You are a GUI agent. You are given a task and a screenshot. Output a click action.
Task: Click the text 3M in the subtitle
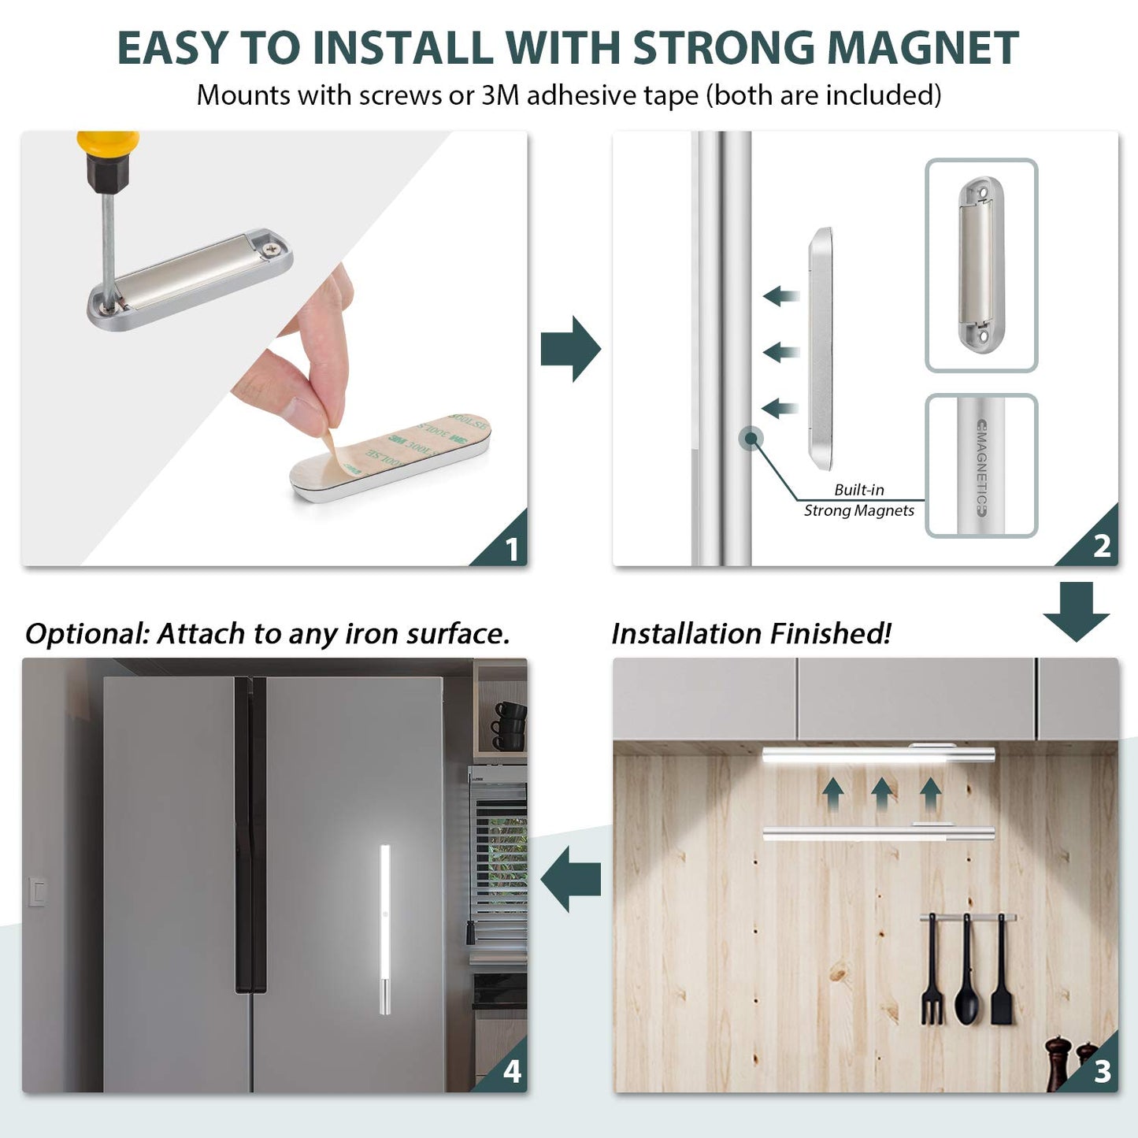coord(500,95)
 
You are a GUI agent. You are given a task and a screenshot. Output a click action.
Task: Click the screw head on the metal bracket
coord(272,247)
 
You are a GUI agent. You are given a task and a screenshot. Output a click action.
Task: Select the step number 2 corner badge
coord(1100,546)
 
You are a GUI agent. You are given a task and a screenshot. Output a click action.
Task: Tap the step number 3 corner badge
coord(1101,1071)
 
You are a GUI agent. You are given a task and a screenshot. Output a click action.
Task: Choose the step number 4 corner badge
coord(511,1071)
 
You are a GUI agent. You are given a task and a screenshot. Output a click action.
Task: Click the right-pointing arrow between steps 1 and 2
coord(571,349)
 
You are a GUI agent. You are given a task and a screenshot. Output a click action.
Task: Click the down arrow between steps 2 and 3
coord(1076,610)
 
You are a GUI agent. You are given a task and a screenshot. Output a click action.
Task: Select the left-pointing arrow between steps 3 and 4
coord(572,877)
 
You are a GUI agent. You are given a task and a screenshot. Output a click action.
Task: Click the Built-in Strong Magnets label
coord(858,500)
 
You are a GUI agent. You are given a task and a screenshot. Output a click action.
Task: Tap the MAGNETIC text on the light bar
coord(980,468)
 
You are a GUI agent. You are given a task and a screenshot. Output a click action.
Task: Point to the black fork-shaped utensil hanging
coord(932,973)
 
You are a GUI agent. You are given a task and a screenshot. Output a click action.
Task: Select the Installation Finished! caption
coord(751,634)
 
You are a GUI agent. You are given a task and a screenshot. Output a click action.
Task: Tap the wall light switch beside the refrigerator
coord(37,891)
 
